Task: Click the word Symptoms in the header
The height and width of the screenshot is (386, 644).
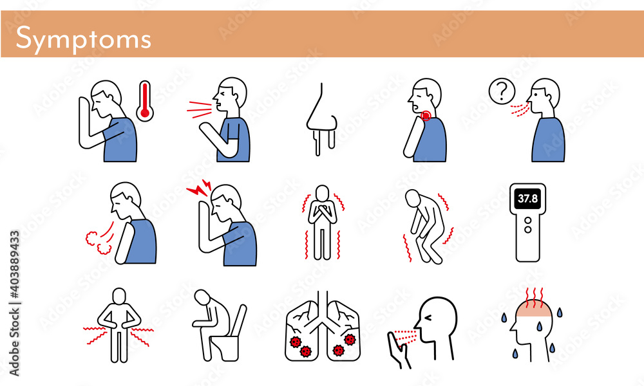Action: pyautogui.click(x=83, y=39)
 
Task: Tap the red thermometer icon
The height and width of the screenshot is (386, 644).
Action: pyautogui.click(x=144, y=101)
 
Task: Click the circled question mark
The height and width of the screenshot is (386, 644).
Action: pyautogui.click(x=502, y=91)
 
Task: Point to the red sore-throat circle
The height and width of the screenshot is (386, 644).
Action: pyautogui.click(x=426, y=116)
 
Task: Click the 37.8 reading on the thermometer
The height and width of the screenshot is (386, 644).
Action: pyautogui.click(x=528, y=199)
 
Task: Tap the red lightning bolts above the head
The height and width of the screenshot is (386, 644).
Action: pyautogui.click(x=199, y=187)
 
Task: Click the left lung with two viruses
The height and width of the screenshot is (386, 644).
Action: pyautogui.click(x=302, y=331)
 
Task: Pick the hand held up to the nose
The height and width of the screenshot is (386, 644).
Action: pyautogui.click(x=398, y=350)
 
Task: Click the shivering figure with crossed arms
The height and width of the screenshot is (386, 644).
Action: pyautogui.click(x=323, y=223)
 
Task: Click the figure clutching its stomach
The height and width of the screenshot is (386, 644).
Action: pyautogui.click(x=119, y=325)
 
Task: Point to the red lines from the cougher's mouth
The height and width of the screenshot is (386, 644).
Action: pyautogui.click(x=200, y=109)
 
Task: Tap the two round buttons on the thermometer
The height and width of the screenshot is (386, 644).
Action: pyautogui.click(x=528, y=225)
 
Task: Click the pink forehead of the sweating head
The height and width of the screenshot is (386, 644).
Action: pyautogui.click(x=533, y=312)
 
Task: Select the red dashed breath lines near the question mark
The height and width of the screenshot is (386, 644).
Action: pyautogui.click(x=520, y=110)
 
